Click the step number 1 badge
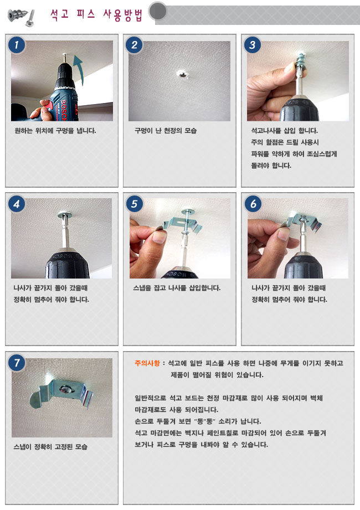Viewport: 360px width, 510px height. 17,44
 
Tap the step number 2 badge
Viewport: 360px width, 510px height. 134,44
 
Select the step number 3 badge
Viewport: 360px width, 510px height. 253,44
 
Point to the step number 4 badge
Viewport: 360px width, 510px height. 17,204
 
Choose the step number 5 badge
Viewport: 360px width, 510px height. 134,204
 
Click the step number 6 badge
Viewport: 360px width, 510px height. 253,204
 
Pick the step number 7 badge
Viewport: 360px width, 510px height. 17,362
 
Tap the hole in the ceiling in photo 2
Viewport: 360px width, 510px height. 184,74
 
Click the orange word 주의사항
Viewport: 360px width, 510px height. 147,363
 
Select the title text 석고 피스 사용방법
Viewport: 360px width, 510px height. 96,15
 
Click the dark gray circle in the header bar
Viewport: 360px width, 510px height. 158,12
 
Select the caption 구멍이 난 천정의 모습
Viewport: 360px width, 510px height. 166,131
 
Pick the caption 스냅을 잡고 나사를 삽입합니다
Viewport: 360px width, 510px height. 177,288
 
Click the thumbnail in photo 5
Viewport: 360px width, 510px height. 160,237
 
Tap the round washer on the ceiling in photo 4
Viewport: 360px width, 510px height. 65,214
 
